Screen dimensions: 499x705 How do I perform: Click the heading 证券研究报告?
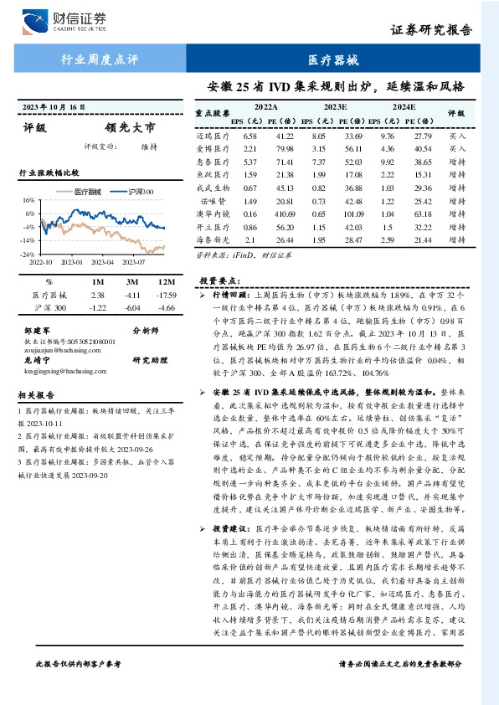[x=437, y=30]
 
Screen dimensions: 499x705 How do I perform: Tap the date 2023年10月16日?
[x=54, y=108]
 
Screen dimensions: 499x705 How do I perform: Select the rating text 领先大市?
[x=130, y=129]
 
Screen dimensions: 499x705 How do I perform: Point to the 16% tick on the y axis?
[x=28, y=201]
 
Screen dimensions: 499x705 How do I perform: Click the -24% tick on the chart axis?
[x=27, y=254]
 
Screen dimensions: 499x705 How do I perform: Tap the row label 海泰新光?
[x=213, y=240]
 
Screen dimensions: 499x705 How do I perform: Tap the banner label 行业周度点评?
[x=100, y=60]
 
